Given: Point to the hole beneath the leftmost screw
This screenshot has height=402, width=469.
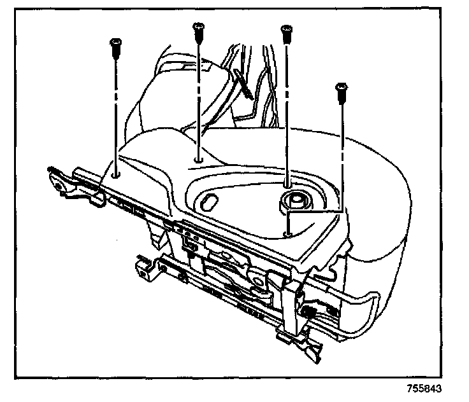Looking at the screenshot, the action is (x=115, y=172).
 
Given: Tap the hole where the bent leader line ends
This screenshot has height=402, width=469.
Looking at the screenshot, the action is (x=288, y=234).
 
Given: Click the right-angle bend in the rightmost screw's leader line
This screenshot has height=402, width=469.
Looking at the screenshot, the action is (x=343, y=211).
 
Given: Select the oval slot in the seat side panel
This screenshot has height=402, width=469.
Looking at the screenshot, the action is (x=208, y=202).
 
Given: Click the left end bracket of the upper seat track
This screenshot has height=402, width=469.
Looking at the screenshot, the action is (x=61, y=183).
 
